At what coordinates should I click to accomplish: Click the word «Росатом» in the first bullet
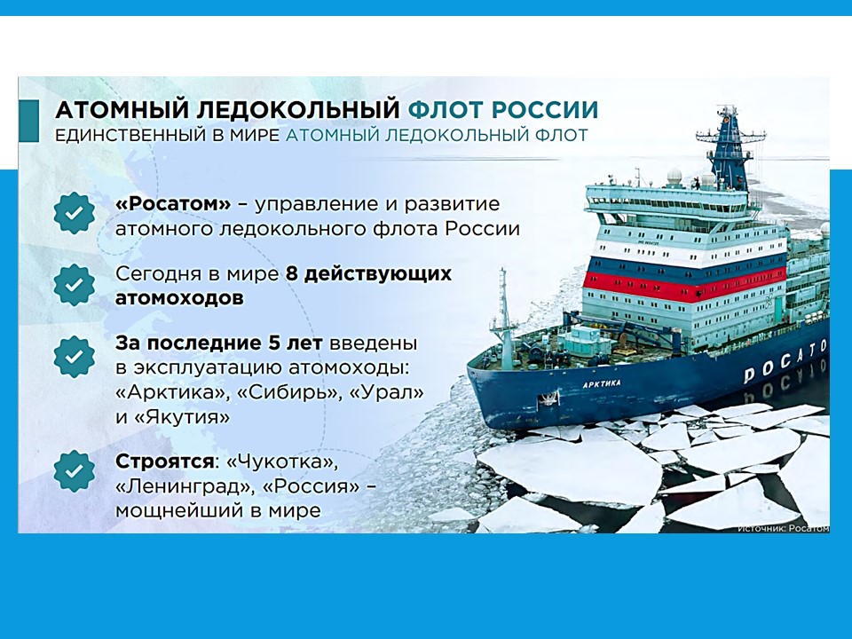(173, 204)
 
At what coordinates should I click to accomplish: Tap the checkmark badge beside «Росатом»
(75, 213)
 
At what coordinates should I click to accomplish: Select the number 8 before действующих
(291, 274)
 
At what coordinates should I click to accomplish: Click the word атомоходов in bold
(179, 298)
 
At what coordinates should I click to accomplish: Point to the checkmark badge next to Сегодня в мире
(75, 284)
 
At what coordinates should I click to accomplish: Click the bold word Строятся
(164, 461)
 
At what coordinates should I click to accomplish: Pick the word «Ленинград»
(185, 487)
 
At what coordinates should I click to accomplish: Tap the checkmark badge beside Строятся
(75, 470)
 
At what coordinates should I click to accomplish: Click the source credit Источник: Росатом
(784, 528)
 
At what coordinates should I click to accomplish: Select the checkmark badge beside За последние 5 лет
(75, 357)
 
